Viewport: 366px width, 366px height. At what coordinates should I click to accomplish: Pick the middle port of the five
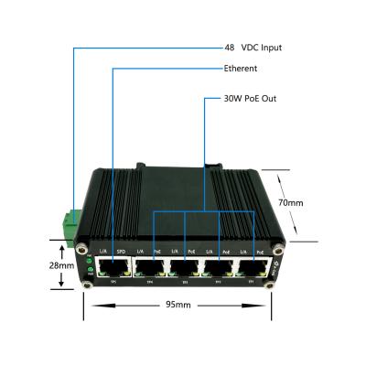tap(183, 266)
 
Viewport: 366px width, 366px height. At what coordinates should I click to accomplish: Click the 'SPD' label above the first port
tap(120, 250)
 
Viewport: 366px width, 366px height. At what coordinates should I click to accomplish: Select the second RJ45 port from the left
tap(148, 266)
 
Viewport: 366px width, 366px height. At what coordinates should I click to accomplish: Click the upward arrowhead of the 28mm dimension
tap(61, 245)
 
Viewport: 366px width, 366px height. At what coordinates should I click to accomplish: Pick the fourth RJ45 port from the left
tap(219, 266)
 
